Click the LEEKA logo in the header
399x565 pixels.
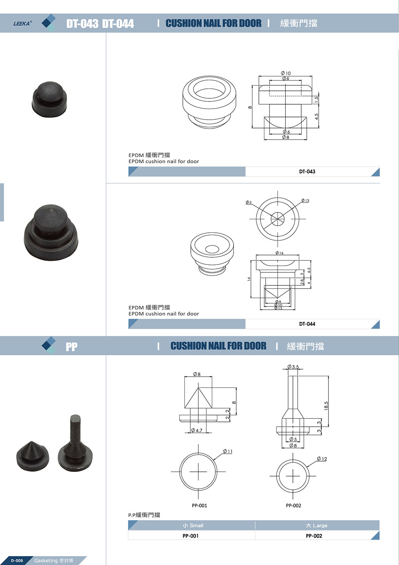(23, 23)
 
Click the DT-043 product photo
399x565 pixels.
(49, 100)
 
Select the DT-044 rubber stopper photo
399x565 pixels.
(51, 232)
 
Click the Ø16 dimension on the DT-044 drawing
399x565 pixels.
(279, 253)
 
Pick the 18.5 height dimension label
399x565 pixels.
(326, 406)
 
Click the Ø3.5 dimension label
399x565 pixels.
(293, 366)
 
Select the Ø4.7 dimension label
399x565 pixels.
(197, 430)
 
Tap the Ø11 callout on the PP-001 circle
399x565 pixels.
(228, 451)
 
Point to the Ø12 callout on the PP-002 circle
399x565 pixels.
(322, 459)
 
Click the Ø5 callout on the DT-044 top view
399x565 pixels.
(249, 202)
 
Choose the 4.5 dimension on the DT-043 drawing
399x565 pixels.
(316, 117)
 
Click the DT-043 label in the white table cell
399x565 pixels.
(307, 172)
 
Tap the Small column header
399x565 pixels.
(193, 526)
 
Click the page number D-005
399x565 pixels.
(17, 561)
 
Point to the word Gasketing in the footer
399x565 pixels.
(46, 561)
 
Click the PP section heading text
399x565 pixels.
(72, 347)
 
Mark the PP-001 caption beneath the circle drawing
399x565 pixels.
(199, 506)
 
